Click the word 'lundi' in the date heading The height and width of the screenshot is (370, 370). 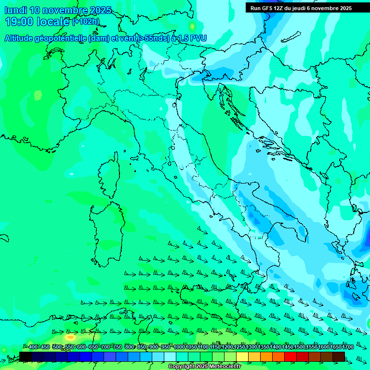click(15, 10)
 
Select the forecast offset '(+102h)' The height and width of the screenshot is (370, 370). click(86, 22)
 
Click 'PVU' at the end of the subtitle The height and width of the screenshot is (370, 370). click(198, 39)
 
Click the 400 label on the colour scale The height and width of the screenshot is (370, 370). click(33, 347)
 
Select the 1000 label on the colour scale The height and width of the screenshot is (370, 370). click(179, 347)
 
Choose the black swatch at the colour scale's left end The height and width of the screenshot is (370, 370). click(25, 357)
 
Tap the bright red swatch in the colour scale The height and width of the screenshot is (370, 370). click(291, 357)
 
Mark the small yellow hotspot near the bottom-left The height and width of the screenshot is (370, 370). click(71, 337)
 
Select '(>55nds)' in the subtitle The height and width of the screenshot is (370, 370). click(153, 39)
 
